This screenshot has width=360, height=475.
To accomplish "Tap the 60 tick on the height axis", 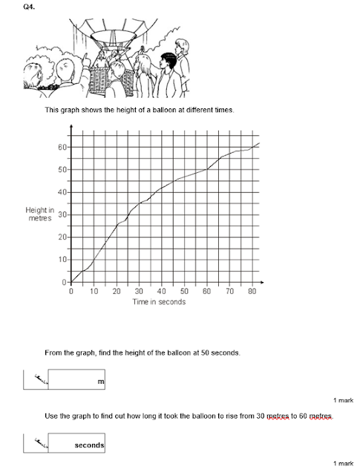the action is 63,147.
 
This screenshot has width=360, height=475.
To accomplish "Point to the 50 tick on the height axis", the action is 63,170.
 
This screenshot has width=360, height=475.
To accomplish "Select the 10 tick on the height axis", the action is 63,260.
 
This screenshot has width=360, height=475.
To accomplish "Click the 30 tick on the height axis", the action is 63,215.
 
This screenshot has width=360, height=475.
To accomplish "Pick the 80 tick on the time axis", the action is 252,292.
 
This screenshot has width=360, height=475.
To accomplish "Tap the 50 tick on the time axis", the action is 184,292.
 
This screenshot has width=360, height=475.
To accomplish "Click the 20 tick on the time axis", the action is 116,292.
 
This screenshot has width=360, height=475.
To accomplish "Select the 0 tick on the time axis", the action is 71,292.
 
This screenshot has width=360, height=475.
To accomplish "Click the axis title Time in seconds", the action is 158,302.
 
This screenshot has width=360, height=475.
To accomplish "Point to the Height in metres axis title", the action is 39,214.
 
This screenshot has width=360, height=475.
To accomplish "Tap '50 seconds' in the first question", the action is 217,352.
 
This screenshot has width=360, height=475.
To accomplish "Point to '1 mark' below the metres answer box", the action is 342,400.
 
